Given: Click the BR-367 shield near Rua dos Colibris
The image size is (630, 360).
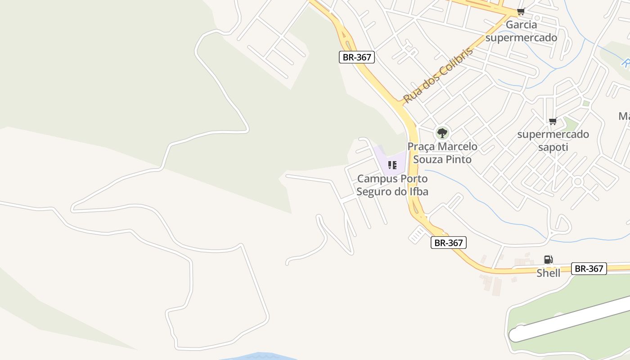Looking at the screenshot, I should [357, 57].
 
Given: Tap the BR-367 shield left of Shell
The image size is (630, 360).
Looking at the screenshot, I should [448, 243].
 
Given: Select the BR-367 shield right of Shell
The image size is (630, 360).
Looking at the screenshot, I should [589, 269].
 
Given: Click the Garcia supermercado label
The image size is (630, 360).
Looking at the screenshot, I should [521, 31].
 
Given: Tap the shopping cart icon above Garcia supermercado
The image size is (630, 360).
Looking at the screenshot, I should [521, 12].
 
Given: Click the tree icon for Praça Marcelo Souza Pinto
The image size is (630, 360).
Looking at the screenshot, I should [442, 133].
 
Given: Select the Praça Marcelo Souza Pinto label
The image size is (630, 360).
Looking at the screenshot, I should [442, 153].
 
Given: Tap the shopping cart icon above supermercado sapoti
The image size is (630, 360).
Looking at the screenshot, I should [553, 121].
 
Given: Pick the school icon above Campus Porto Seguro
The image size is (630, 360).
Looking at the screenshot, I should [392, 165].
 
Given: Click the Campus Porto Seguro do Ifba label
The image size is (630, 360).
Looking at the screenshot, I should [392, 185].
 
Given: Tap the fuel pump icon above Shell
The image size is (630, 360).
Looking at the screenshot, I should [548, 259].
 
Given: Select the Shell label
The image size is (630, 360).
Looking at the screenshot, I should [548, 273].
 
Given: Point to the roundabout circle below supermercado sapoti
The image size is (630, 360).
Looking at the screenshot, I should [578, 182].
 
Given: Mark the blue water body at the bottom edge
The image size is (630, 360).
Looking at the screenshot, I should [259, 356].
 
